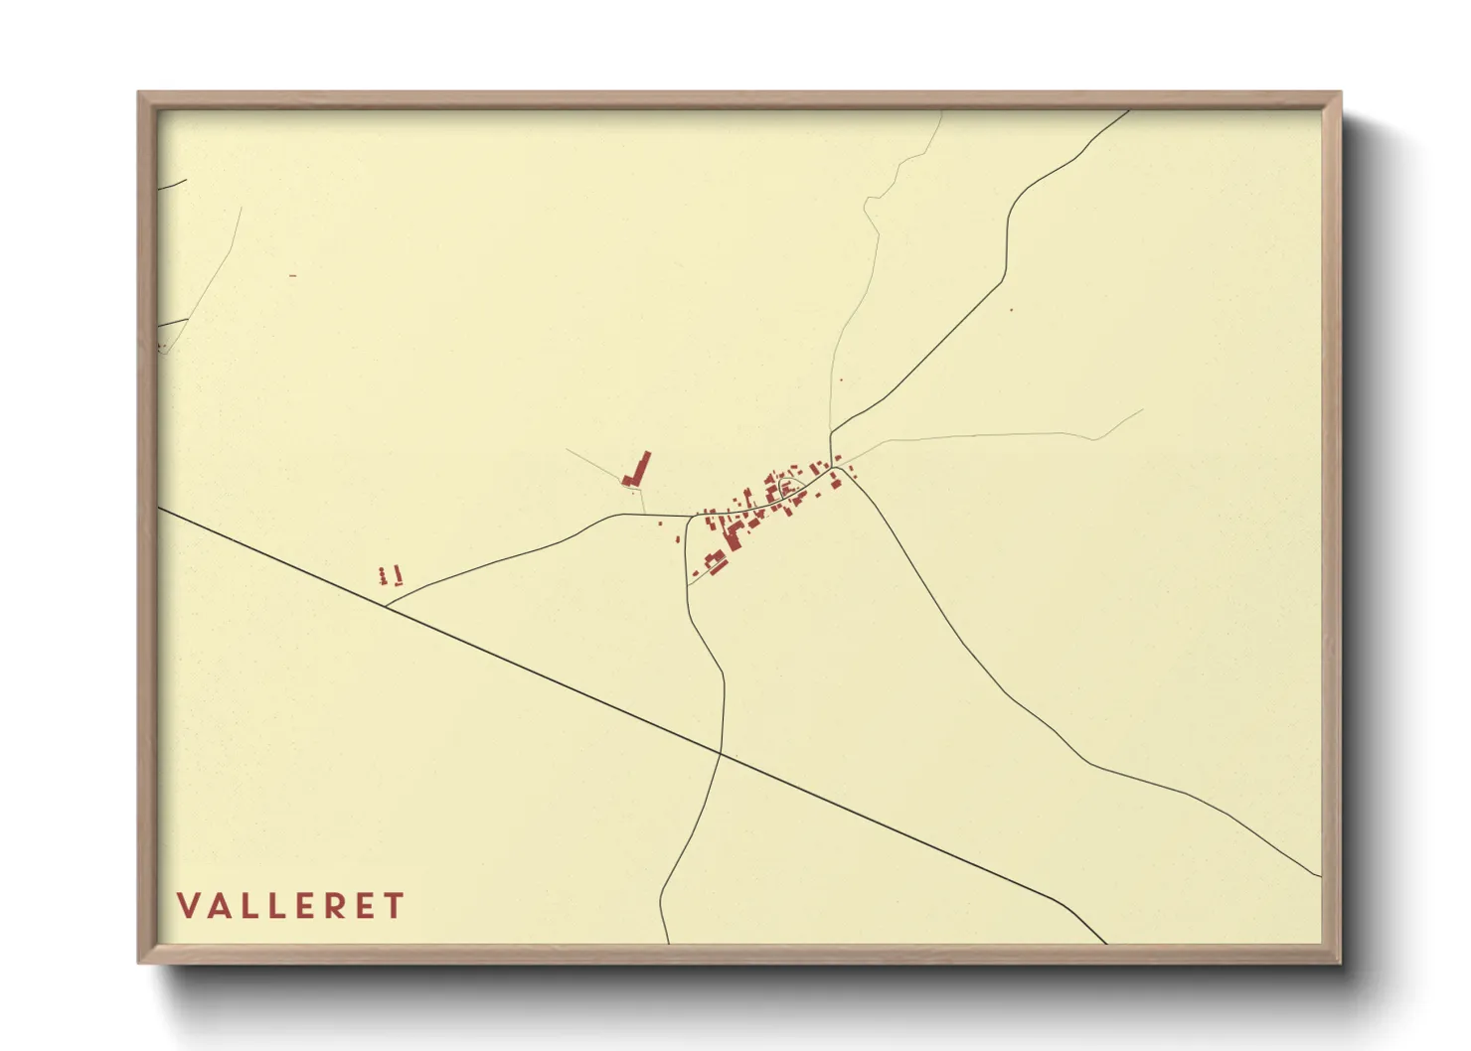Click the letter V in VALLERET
pyautogui.click(x=187, y=906)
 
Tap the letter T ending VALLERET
pyautogui.click(x=396, y=906)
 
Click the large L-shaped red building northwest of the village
pyautogui.click(x=638, y=469)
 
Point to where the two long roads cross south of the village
pyautogui.click(x=721, y=754)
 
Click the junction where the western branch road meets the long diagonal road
pyautogui.click(x=386, y=604)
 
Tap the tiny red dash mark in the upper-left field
pyautogui.click(x=292, y=275)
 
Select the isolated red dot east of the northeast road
pyautogui.click(x=1011, y=310)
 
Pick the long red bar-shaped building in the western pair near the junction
pyautogui.click(x=398, y=575)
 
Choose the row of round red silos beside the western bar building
pyautogui.click(x=382, y=575)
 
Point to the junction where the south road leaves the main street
pyautogui.click(x=690, y=517)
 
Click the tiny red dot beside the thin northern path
pyautogui.click(x=841, y=379)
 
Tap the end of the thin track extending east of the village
pyautogui.click(x=1143, y=409)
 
